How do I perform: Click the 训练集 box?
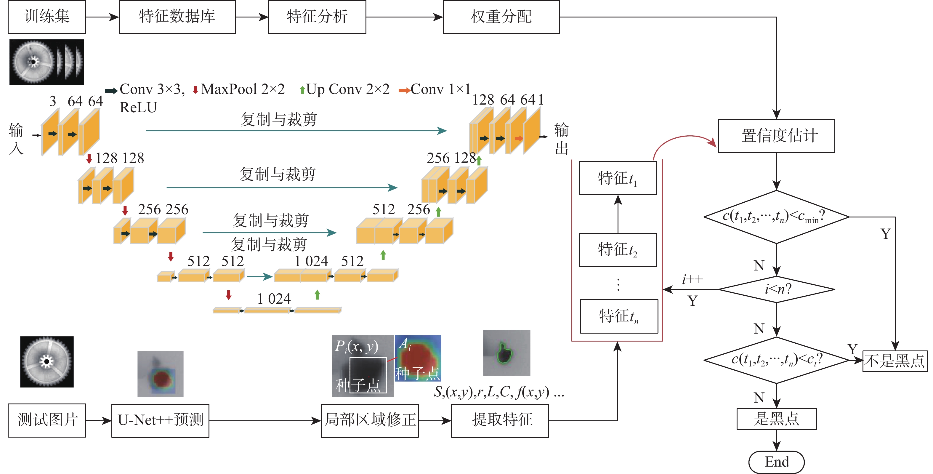coord(47,17)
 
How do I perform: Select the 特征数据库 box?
coord(177,17)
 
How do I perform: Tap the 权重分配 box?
coord(501,17)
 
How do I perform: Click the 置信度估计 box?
coord(776,136)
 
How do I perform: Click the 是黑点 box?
coord(777,419)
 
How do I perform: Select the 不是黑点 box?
coord(894,361)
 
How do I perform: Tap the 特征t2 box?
coord(618,250)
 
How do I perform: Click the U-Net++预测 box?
coord(160,420)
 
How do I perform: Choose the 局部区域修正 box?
coord(369,420)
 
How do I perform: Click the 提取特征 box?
coord(500,420)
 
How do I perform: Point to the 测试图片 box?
coord(47,420)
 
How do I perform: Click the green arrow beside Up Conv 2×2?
coord(302,90)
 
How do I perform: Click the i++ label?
coord(692,280)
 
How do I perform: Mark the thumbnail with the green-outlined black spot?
coord(506,353)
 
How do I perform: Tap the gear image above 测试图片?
coord(47,362)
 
